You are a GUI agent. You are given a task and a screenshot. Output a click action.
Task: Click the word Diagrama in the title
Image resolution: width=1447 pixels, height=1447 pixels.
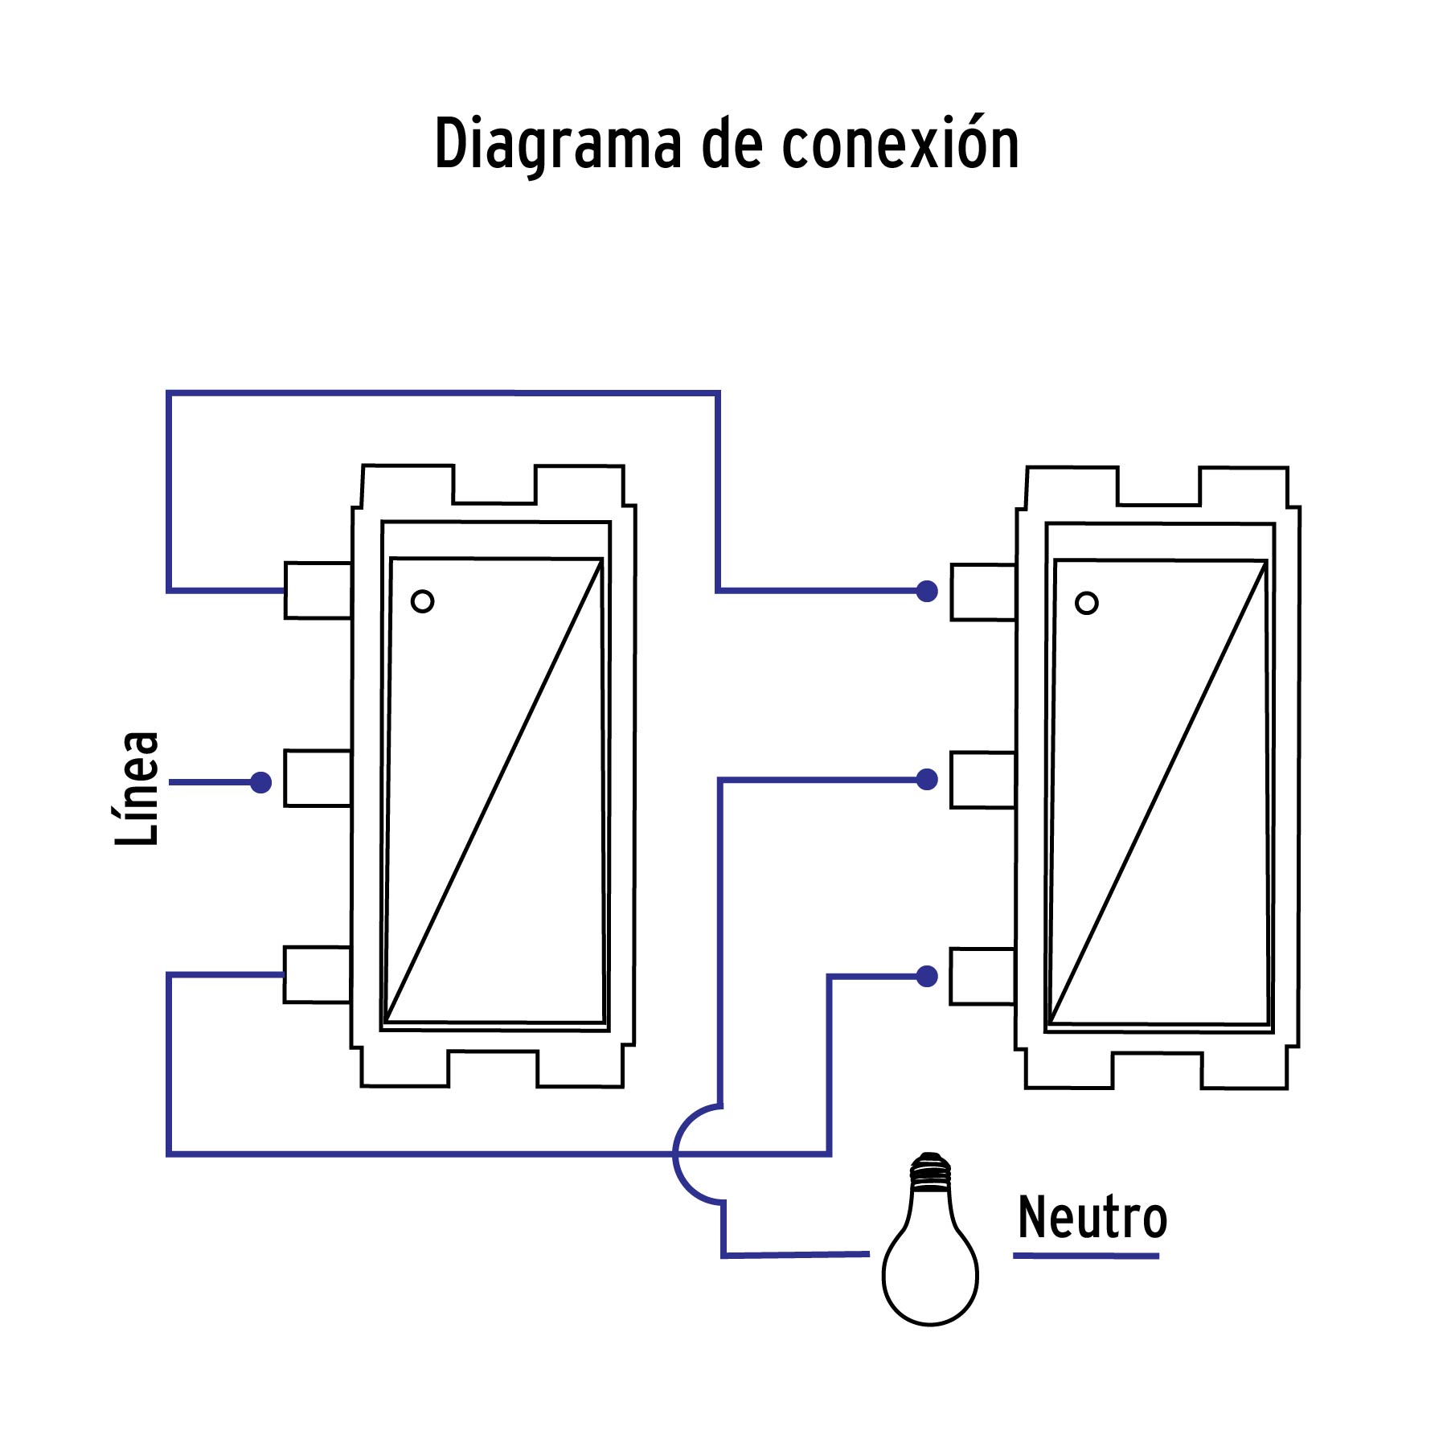tap(556, 145)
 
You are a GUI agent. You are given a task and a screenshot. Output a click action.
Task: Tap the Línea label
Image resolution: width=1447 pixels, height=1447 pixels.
tap(137, 788)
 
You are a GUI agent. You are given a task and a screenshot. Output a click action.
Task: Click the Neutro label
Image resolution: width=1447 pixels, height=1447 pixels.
tap(1092, 1218)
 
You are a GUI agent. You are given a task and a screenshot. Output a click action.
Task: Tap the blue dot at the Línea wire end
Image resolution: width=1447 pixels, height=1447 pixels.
tap(260, 782)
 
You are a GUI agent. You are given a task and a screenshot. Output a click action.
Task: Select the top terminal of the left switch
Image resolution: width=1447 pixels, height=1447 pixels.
tap(318, 591)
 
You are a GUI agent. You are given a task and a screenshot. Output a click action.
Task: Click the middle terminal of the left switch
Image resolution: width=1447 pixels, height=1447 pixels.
tap(318, 778)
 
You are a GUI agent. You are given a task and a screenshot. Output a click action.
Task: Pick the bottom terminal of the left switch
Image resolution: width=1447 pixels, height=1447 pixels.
tap(317, 975)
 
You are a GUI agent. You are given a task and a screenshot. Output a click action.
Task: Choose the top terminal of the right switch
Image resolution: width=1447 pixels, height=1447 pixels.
tap(982, 592)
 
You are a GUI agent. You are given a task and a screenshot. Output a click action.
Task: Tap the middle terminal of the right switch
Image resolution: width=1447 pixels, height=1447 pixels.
tap(982, 780)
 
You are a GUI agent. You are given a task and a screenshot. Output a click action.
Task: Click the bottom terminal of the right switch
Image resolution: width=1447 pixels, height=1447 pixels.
tap(982, 977)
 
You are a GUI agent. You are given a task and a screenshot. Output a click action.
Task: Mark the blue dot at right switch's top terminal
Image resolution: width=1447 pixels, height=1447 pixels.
tap(927, 592)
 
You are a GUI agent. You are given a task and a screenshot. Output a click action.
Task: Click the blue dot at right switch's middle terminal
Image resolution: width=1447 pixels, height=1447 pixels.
tap(927, 779)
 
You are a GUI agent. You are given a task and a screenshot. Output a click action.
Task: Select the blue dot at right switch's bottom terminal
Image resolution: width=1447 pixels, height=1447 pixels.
tap(927, 977)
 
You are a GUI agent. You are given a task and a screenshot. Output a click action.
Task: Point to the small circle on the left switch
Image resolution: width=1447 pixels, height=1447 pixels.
tap(422, 601)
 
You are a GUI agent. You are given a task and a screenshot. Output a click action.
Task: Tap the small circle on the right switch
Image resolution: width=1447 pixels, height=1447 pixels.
tap(1086, 603)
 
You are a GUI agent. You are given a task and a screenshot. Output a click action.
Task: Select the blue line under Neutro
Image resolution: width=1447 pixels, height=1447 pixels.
tap(1085, 1255)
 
